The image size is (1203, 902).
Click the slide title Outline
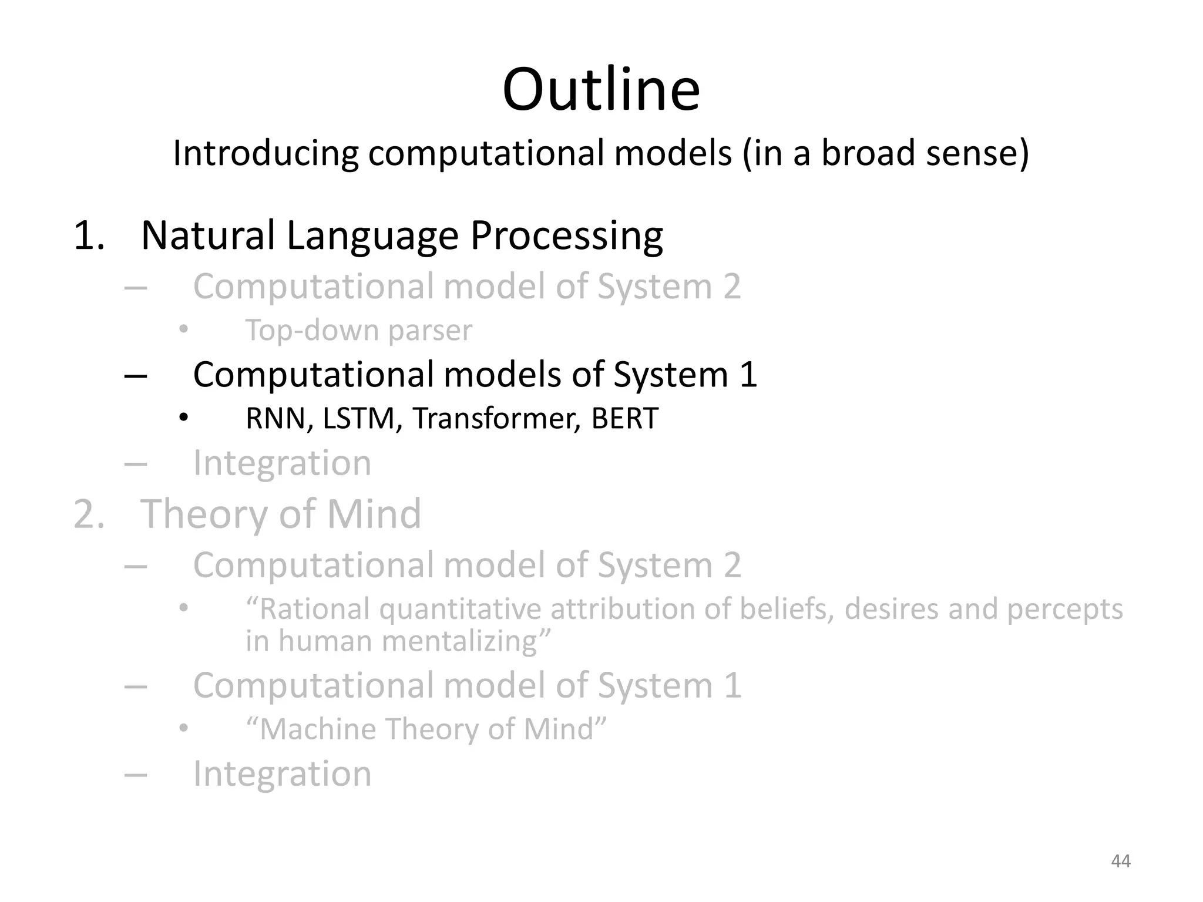601,90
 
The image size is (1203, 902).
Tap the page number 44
1121,861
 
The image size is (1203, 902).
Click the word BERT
624,419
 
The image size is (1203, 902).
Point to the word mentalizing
466,641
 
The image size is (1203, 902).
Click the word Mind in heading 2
374,514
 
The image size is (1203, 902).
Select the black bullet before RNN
184,418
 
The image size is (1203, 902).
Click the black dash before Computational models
136,375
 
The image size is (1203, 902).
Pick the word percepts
1064,609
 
